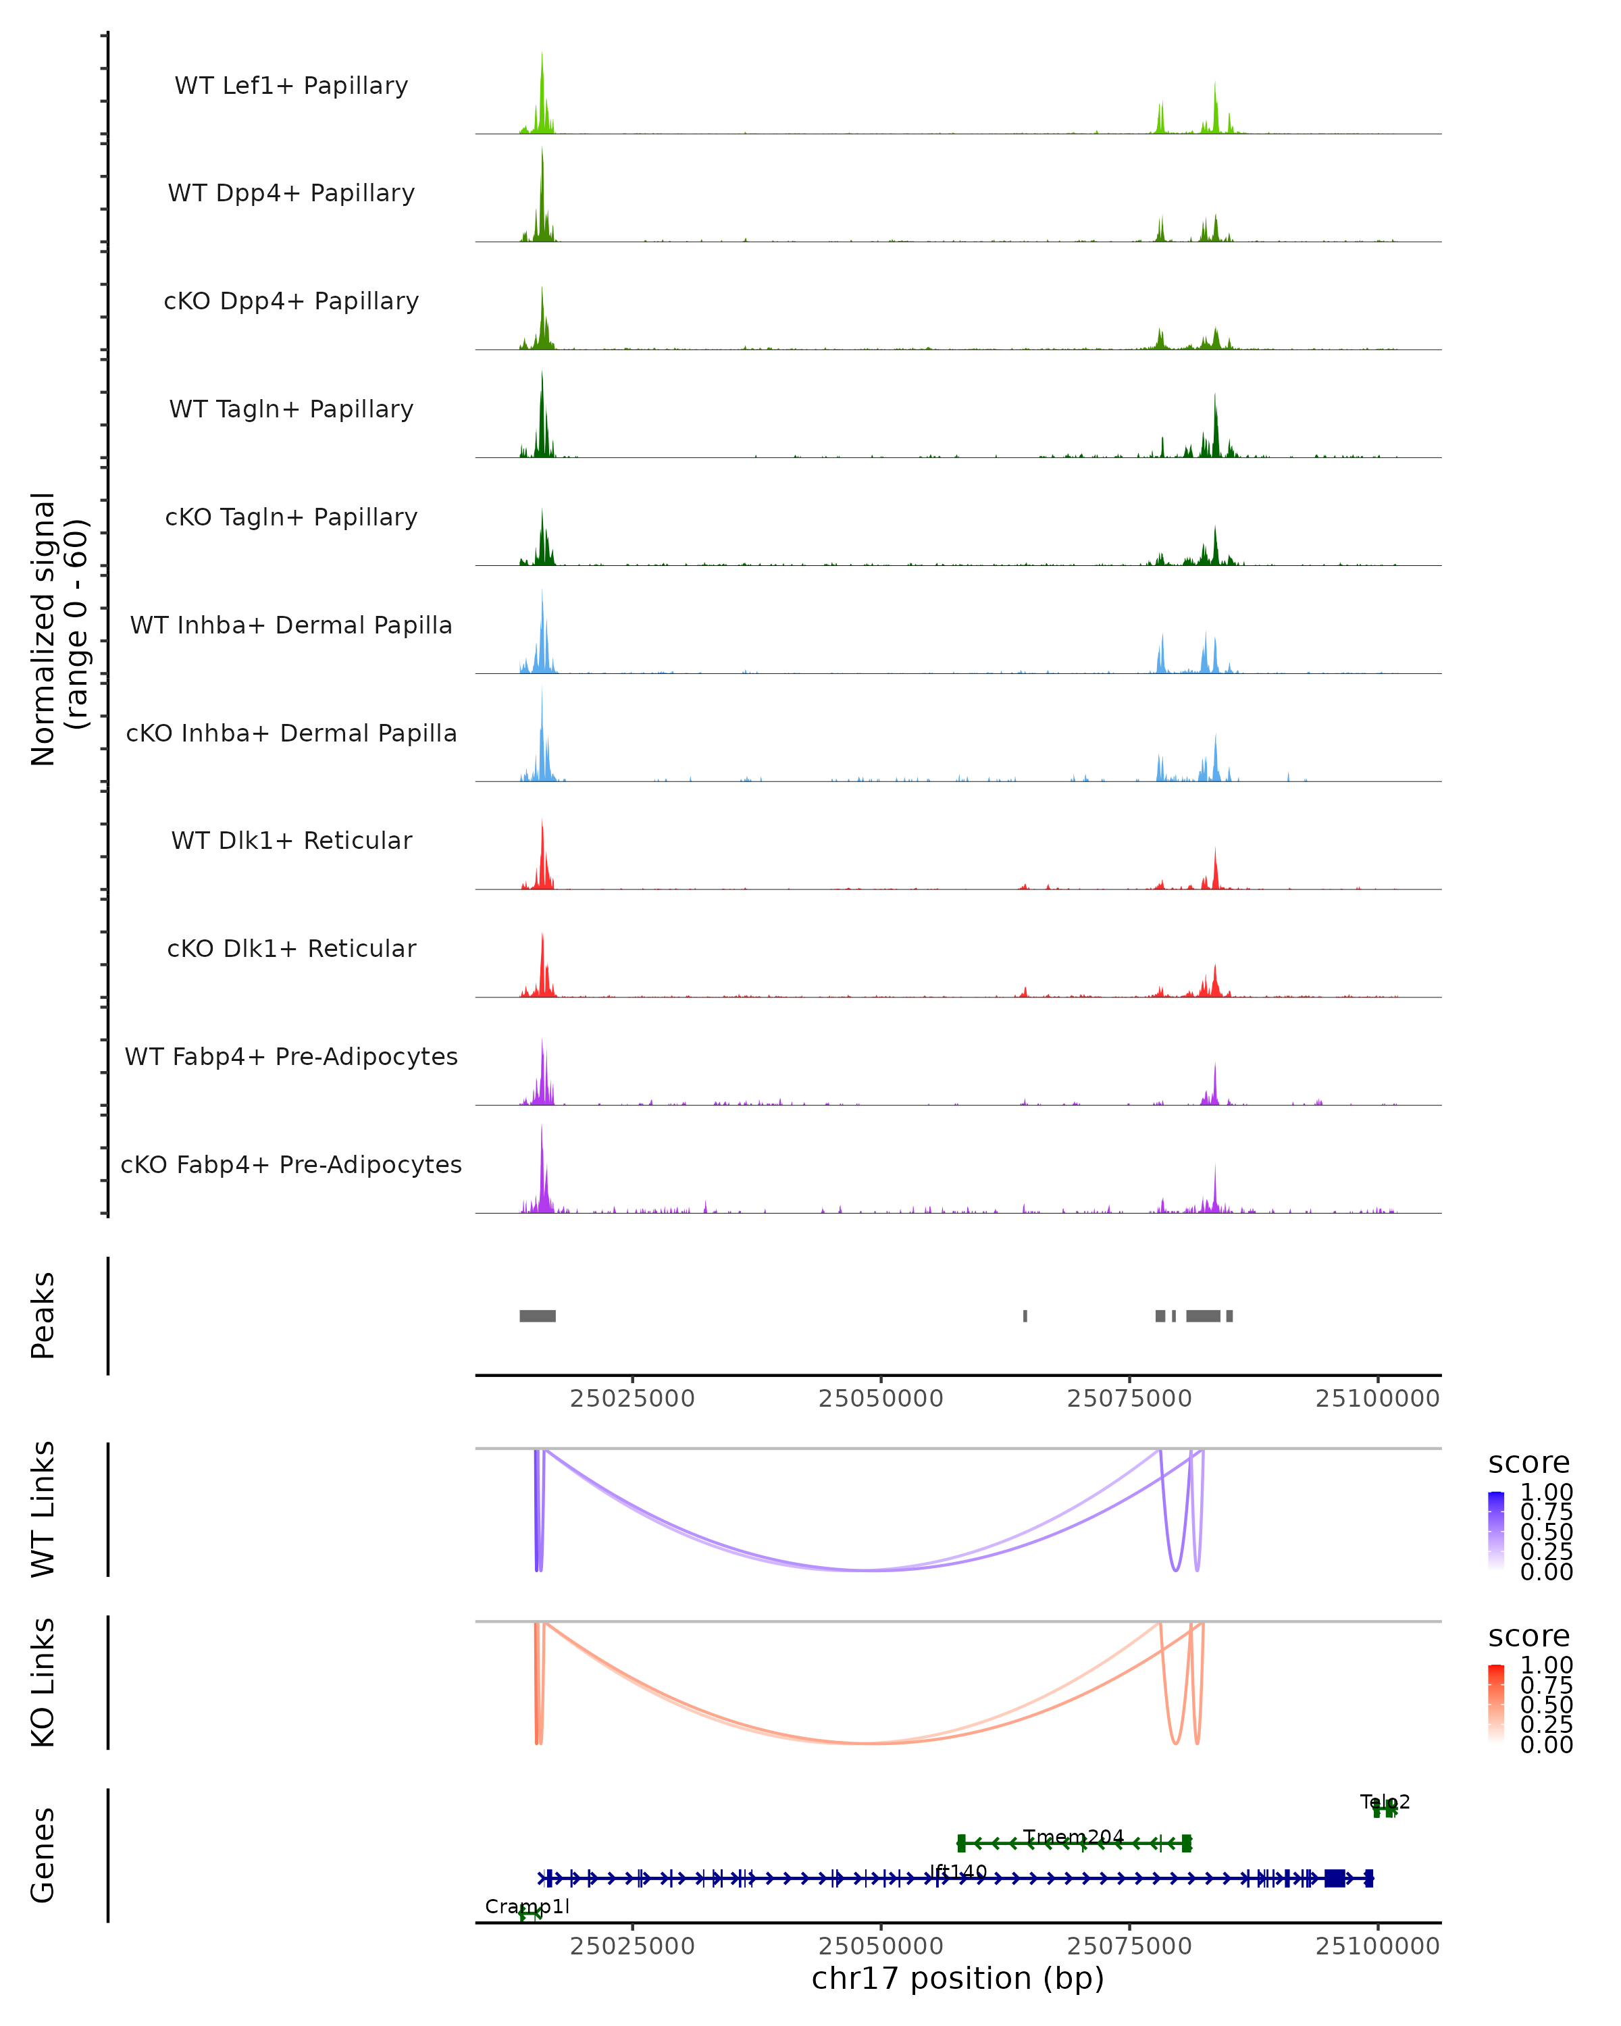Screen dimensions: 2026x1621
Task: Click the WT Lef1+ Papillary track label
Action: point(291,86)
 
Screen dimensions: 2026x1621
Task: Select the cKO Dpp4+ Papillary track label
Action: point(291,302)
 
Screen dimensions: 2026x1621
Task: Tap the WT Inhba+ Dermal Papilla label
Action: point(291,626)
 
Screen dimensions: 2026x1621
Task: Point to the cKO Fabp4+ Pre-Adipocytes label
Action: point(291,1165)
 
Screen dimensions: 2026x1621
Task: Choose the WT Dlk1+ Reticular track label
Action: point(291,841)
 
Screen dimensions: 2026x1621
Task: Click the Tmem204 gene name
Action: point(1073,1837)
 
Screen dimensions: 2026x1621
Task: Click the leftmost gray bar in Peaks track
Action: point(538,1316)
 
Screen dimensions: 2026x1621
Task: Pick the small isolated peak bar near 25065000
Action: point(1025,1316)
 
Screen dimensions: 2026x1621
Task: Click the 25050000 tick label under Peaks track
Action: point(881,1399)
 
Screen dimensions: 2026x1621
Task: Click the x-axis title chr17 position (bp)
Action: point(958,1979)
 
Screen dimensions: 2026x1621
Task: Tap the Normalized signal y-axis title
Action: point(58,629)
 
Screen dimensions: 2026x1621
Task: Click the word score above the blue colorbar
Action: point(1529,1463)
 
